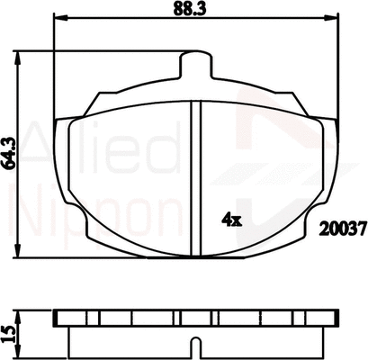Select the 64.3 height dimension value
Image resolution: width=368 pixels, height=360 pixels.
(10, 152)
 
